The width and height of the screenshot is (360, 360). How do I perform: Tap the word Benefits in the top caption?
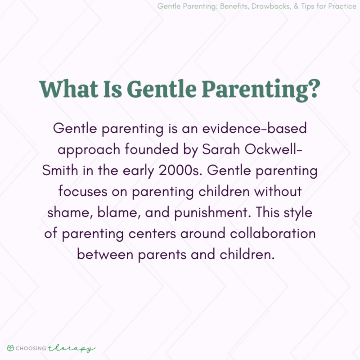214,6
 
